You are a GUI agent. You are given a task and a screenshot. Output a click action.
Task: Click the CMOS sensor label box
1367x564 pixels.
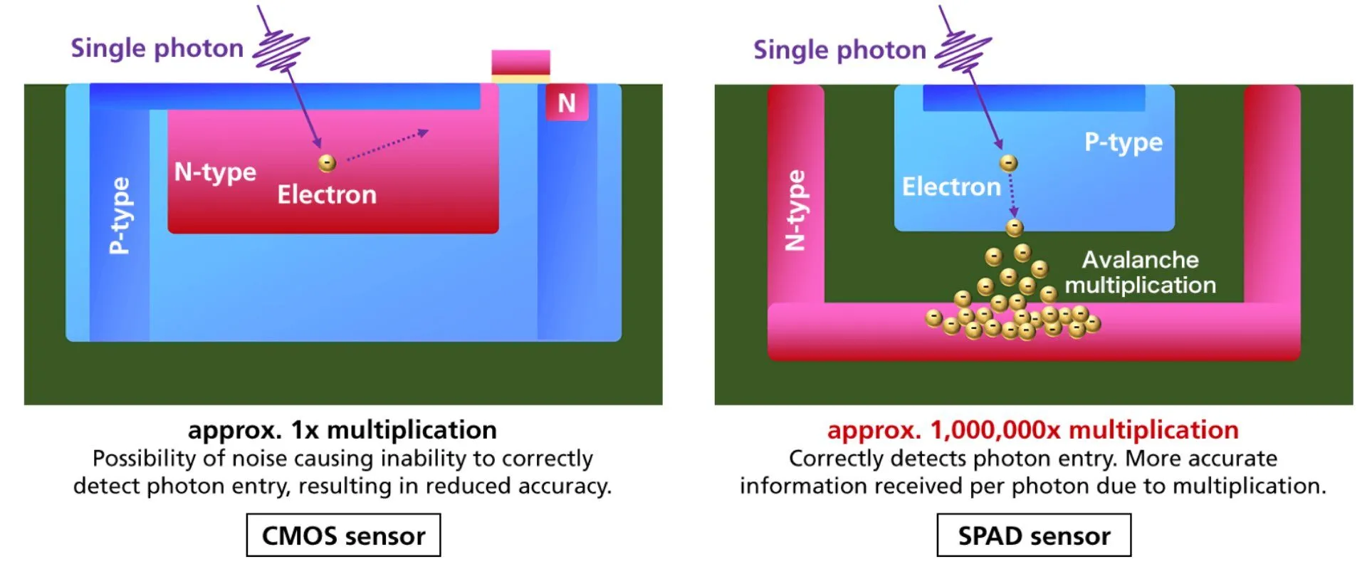click(x=343, y=535)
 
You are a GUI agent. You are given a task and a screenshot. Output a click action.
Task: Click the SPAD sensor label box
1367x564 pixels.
click(x=1033, y=535)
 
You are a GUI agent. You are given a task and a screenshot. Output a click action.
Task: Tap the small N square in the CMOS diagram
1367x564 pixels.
click(x=567, y=103)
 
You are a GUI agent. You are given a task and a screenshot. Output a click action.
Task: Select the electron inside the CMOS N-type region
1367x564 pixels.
click(x=327, y=163)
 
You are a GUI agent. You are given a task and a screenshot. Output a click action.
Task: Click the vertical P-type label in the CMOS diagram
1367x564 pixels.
click(x=120, y=215)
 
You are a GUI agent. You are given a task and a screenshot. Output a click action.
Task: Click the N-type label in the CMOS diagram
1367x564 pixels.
click(x=215, y=172)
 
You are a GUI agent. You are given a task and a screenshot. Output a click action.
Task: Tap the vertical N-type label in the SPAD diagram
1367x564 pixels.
click(x=795, y=210)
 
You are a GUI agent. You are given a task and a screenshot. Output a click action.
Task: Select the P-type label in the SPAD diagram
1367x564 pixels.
click(x=1123, y=142)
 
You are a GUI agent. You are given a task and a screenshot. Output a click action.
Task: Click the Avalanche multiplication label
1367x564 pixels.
click(x=1140, y=272)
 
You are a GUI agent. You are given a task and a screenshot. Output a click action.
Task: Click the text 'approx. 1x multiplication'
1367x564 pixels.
click(x=342, y=429)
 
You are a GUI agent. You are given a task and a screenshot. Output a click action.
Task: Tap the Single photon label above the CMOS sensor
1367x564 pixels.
click(x=157, y=48)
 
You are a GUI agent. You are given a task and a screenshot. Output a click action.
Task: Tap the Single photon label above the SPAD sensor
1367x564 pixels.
click(x=839, y=50)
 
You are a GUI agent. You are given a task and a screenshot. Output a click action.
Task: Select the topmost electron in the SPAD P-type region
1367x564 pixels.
click(x=1008, y=163)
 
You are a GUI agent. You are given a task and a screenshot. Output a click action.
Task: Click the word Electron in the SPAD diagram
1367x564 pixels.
click(x=951, y=187)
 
